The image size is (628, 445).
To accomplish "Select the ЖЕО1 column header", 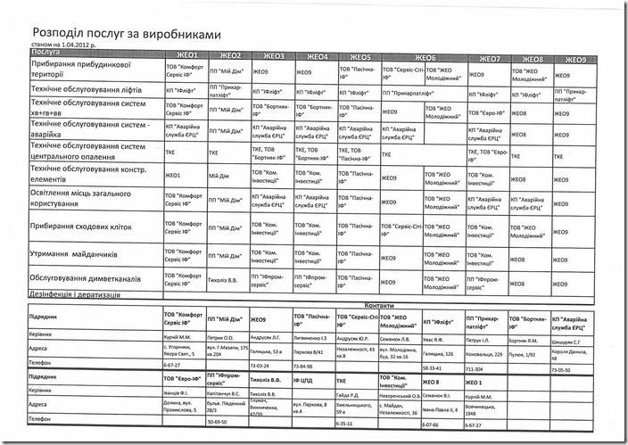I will point(183,55).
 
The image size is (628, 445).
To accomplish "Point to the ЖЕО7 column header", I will point(487,56).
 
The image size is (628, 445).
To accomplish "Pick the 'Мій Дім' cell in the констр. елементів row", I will point(219,176).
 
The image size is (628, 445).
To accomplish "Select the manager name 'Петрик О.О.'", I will point(222,338).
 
